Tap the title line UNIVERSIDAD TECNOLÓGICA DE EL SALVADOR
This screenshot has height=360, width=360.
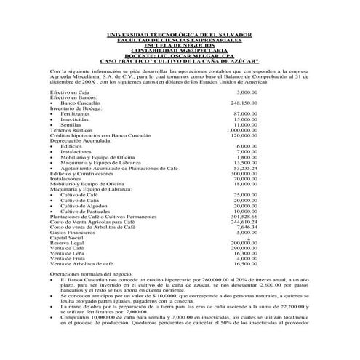coord(180,35)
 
